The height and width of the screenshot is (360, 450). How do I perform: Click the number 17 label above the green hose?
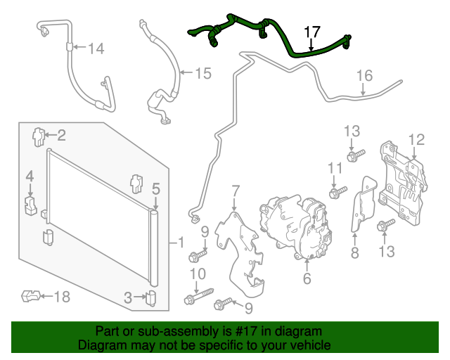coord(311,32)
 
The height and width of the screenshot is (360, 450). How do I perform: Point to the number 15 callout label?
coord(202,72)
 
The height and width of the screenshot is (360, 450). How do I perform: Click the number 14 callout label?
coord(96,49)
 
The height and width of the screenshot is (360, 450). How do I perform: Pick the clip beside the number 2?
coord(39,135)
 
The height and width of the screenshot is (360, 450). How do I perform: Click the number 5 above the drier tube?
coord(155,188)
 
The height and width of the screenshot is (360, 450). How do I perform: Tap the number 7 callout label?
coord(235,190)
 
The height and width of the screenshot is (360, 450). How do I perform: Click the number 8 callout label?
coord(354,252)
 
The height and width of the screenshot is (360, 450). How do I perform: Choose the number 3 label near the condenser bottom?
coord(127,297)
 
